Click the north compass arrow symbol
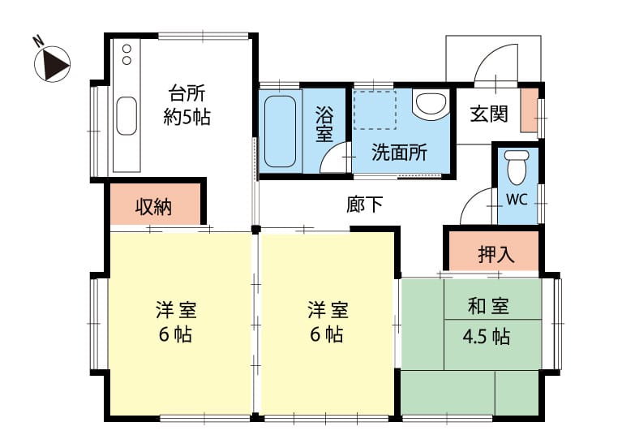tap(53, 64)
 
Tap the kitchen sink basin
tap(127, 116)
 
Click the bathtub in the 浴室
tap(280, 131)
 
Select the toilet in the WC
tap(517, 167)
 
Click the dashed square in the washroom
tap(375, 110)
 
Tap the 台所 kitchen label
tap(187, 93)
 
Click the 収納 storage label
tap(153, 206)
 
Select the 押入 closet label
tap(496, 253)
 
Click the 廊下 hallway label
tap(365, 205)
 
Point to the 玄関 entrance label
tap(489, 114)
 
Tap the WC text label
tap(517, 199)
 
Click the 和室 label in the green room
tap(488, 305)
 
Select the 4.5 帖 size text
tap(487, 336)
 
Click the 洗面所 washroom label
tap(399, 152)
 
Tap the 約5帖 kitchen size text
tap(187, 117)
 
